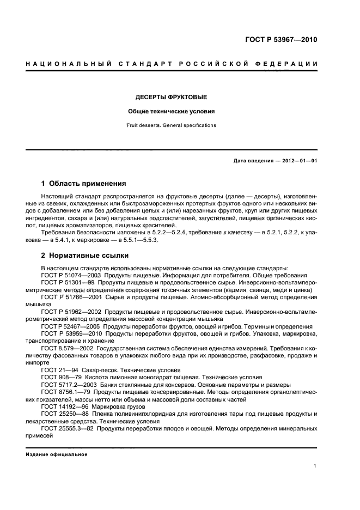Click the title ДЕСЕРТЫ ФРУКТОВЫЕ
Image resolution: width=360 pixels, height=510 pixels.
pyautogui.click(x=171, y=98)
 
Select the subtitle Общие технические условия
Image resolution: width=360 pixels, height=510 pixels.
pyautogui.click(x=171, y=112)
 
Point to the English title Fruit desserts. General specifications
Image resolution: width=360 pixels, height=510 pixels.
pyautogui.click(x=171, y=125)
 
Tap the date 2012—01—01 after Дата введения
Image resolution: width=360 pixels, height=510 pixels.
pyautogui.click(x=298, y=160)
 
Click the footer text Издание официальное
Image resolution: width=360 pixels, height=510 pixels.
pyautogui.click(x=57, y=454)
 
